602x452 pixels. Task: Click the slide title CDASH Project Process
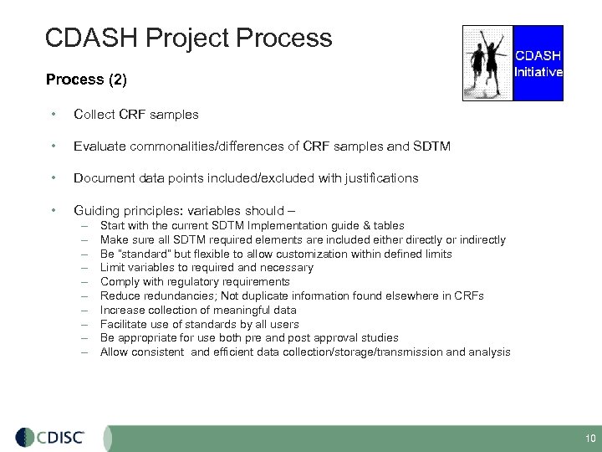click(x=188, y=38)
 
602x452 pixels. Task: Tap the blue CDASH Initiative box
click(x=538, y=63)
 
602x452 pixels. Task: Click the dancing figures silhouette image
click(x=487, y=63)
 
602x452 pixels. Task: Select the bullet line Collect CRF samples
click(x=136, y=114)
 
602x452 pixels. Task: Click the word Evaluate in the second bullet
click(x=99, y=146)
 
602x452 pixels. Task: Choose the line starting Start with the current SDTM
click(x=252, y=226)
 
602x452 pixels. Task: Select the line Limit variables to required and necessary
click(x=207, y=268)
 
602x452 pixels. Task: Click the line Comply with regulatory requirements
click(x=195, y=282)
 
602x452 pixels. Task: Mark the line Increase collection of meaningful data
click(x=199, y=310)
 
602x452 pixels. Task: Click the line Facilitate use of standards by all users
click(x=199, y=324)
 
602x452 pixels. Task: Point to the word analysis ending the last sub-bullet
click(x=489, y=352)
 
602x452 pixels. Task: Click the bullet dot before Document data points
click(x=54, y=178)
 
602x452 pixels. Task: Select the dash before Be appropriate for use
click(x=84, y=338)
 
